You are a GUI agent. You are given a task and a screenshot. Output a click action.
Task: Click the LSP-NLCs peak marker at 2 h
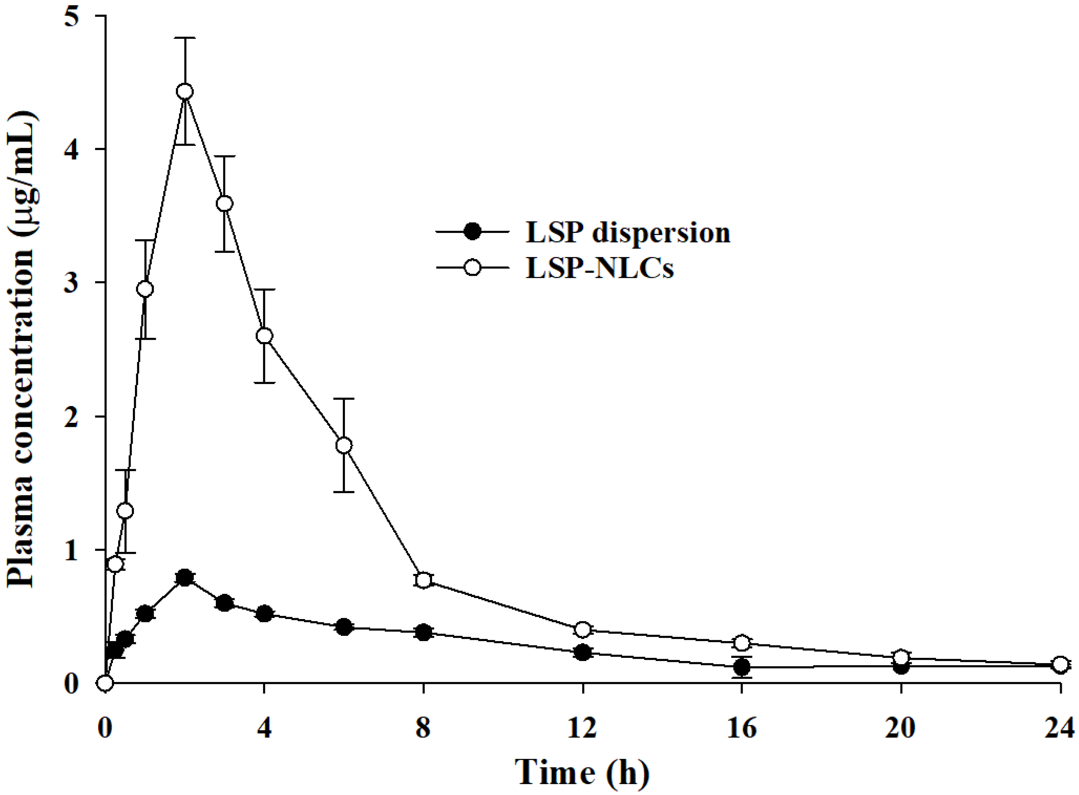pyautogui.click(x=185, y=91)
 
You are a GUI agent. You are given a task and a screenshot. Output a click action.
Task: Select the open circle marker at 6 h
pyautogui.click(x=344, y=445)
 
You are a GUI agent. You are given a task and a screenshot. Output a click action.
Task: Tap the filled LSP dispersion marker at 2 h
pyautogui.click(x=184, y=577)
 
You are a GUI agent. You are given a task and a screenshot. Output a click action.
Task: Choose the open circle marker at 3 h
pyautogui.click(x=224, y=204)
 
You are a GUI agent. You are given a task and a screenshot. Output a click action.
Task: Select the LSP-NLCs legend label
pyautogui.click(x=599, y=268)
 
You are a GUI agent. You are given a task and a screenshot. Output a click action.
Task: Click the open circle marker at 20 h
pyautogui.click(x=901, y=657)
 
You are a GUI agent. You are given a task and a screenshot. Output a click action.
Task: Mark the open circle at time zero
pyautogui.click(x=105, y=682)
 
